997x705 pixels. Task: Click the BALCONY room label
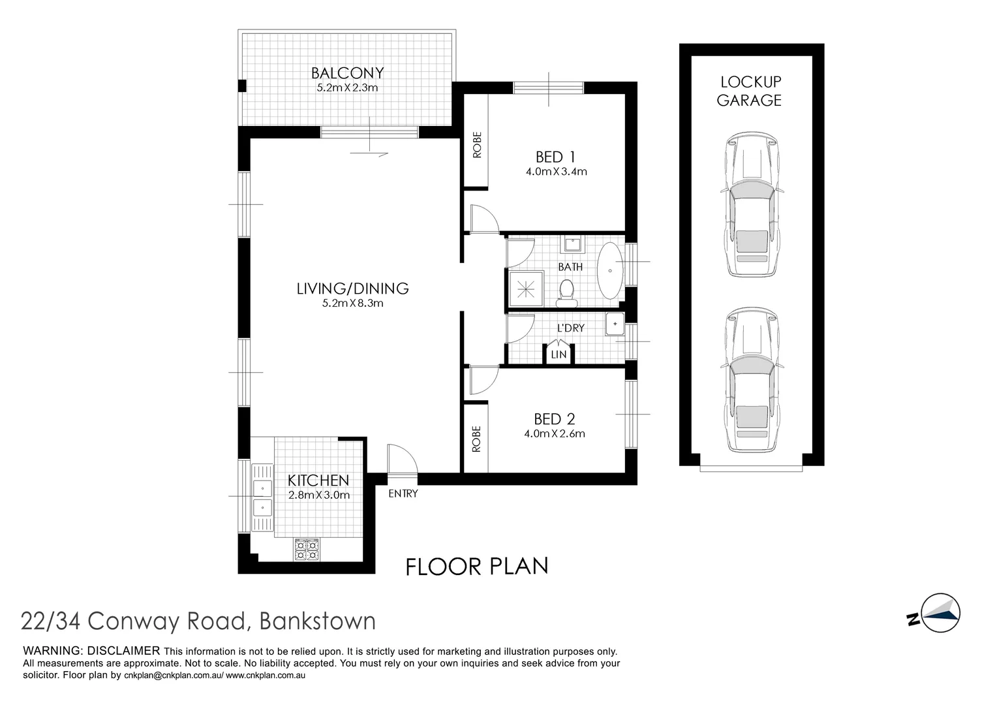click(347, 72)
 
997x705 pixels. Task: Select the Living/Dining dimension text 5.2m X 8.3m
click(352, 303)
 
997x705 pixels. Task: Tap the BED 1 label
click(555, 157)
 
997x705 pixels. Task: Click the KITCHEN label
click(318, 480)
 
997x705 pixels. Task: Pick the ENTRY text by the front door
click(403, 493)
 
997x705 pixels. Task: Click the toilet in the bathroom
click(566, 292)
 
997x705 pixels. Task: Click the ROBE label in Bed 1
click(476, 145)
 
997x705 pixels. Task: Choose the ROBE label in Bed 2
click(476, 439)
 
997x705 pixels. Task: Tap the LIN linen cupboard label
click(559, 354)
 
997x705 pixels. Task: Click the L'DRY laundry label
click(570, 328)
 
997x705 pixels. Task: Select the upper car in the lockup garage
click(751, 206)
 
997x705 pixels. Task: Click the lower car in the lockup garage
click(751, 381)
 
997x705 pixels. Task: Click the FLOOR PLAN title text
click(476, 566)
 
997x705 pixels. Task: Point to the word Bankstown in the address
click(317, 620)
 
